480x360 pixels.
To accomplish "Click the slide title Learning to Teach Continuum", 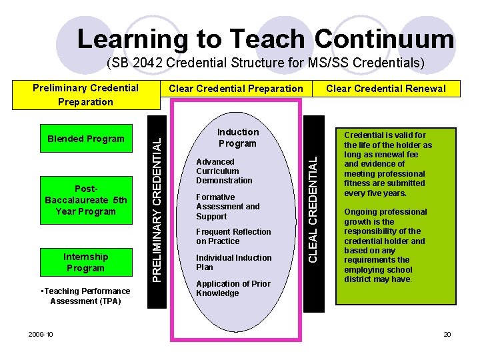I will tap(265, 39).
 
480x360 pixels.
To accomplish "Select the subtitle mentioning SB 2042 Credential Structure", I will tap(265, 64).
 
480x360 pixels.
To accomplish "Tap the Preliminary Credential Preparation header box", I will tap(85, 95).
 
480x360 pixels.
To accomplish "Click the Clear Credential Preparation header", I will tap(235, 89).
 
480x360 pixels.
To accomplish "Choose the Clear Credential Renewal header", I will tap(386, 89).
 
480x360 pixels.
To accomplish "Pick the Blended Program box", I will tap(86, 139).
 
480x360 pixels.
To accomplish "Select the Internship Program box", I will tap(86, 262).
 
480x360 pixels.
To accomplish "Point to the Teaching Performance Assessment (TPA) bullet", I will tap(85, 296).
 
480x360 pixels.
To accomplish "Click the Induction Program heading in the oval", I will tap(237, 138).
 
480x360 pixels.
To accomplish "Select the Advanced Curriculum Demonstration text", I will tap(224, 171).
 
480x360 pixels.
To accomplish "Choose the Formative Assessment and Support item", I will tap(227, 207).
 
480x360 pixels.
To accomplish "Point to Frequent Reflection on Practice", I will tap(233, 237).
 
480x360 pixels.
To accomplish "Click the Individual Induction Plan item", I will tap(233, 262).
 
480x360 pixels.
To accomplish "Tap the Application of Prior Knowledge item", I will tap(233, 288).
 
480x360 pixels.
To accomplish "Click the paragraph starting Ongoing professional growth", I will tap(384, 245).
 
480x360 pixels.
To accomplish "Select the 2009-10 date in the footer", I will tap(41, 334).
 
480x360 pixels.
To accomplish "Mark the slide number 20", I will tap(447, 334).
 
